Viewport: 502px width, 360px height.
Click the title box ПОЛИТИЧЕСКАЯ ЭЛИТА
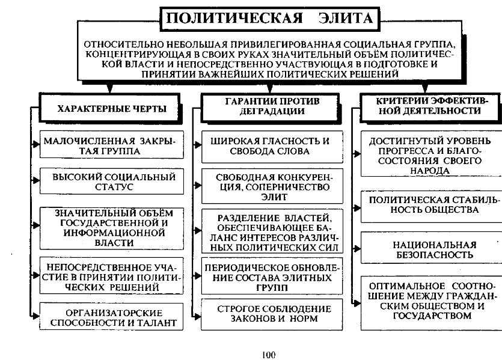click(x=269, y=19)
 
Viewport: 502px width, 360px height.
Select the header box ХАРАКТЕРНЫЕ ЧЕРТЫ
click(x=110, y=108)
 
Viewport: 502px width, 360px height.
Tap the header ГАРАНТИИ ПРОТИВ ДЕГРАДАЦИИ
click(x=271, y=107)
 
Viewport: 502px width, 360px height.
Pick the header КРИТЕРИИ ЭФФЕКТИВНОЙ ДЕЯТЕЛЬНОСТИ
click(x=431, y=107)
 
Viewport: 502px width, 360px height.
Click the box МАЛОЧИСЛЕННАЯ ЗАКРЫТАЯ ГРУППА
click(x=111, y=144)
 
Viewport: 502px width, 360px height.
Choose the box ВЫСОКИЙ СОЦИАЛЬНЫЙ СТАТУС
click(x=111, y=181)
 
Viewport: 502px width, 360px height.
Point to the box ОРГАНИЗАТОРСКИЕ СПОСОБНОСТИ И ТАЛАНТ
click(x=111, y=317)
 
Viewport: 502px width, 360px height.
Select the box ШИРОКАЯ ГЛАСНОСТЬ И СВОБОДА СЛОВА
click(x=272, y=146)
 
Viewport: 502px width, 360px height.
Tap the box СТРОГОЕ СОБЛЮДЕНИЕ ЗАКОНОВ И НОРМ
click(x=272, y=314)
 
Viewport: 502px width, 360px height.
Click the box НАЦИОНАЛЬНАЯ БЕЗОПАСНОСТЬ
click(x=432, y=248)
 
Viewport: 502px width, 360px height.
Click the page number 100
click(x=268, y=355)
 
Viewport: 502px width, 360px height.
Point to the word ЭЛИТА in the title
click(x=346, y=18)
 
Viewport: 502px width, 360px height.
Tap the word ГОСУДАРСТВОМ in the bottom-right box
click(x=432, y=316)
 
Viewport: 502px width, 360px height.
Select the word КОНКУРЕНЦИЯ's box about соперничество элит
click(x=272, y=186)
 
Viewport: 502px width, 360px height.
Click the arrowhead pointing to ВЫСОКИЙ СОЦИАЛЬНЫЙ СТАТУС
click(x=36, y=181)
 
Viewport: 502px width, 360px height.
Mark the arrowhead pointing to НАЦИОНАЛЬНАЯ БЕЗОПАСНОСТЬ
click(x=357, y=248)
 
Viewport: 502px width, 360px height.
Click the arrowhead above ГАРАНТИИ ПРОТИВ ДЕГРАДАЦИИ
click(x=270, y=88)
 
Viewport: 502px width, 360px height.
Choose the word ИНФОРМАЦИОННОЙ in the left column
click(x=114, y=233)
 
